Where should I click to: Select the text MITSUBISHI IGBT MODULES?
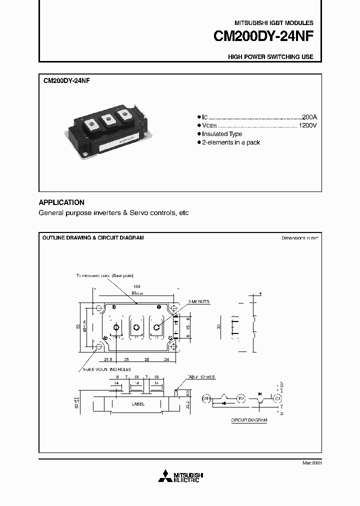point(273,23)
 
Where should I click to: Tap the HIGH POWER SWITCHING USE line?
point(270,57)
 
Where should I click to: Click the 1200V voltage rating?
point(307,125)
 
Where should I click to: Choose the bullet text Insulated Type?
point(222,134)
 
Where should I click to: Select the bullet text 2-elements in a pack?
point(231,142)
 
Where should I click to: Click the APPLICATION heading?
point(61,202)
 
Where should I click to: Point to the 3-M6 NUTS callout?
point(199,302)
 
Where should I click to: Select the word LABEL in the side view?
point(138,404)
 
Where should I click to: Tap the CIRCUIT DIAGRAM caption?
point(249,420)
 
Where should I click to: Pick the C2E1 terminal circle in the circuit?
point(206,399)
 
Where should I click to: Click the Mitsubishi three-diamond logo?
point(164,476)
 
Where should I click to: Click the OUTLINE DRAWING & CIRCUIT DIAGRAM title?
point(93,238)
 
